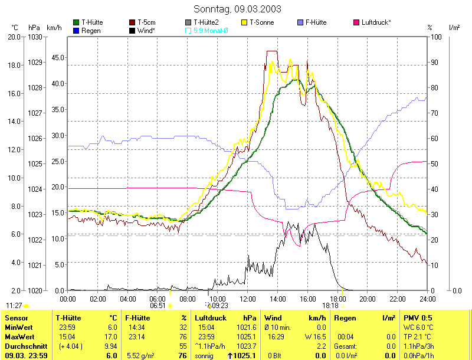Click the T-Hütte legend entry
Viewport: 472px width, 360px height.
tap(91, 22)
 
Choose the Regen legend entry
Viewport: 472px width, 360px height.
tap(90, 30)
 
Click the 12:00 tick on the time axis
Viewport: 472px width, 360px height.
tap(248, 298)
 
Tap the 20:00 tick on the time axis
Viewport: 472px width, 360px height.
tap(367, 298)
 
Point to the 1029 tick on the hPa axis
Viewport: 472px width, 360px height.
tap(34, 62)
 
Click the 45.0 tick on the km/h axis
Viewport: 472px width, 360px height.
tap(58, 58)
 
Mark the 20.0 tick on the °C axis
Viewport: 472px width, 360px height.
tap(14, 37)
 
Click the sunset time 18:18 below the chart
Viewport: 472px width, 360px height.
tap(330, 306)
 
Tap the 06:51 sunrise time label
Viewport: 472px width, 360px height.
tap(158, 306)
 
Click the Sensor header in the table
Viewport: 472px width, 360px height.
tap(16, 318)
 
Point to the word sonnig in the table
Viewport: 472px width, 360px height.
tap(204, 356)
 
